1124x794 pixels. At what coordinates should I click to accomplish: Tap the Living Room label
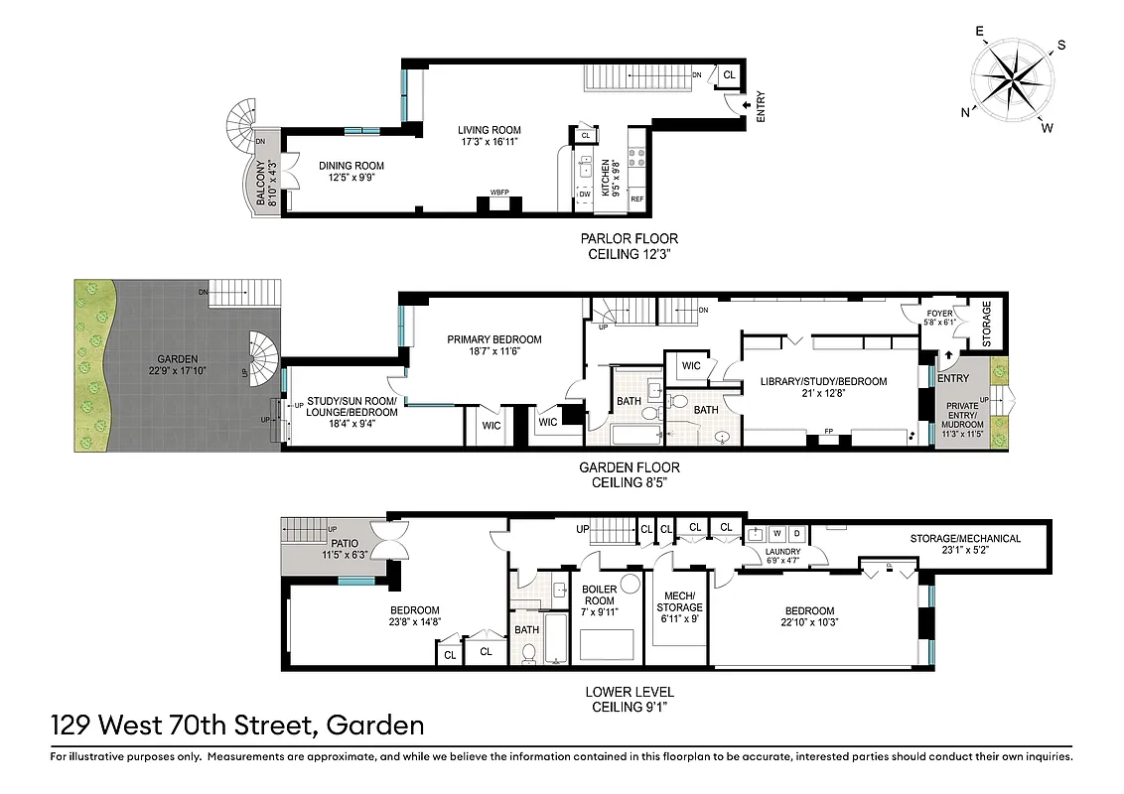coord(489,136)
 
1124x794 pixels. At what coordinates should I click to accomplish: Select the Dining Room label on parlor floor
coord(351,172)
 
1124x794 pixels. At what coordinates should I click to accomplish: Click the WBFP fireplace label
coord(499,192)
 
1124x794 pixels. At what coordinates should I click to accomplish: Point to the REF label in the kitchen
coord(636,199)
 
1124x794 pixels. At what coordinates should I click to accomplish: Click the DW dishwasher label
coord(585,194)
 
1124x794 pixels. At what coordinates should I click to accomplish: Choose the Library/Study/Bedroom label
coord(823,387)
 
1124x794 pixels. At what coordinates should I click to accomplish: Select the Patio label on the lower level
coord(345,549)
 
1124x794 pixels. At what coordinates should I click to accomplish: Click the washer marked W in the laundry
coord(776,533)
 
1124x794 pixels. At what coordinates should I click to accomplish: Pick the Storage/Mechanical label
coord(965,545)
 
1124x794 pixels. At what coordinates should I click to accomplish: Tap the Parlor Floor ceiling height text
coord(630,246)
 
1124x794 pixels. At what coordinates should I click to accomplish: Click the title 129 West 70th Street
coord(238,726)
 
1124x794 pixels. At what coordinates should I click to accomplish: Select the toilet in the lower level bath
coord(528,652)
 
